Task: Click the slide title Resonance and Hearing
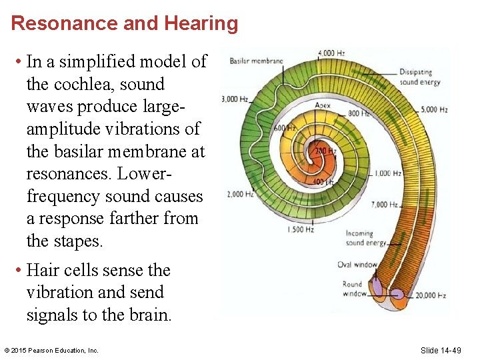pyautogui.click(x=125, y=24)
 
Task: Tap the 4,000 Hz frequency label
pyautogui.click(x=331, y=53)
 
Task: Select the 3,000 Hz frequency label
pyautogui.click(x=235, y=100)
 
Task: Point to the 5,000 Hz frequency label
pyautogui.click(x=434, y=109)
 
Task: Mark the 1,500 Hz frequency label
pyautogui.click(x=300, y=229)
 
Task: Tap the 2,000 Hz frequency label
pyautogui.click(x=239, y=195)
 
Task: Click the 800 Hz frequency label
pyautogui.click(x=359, y=113)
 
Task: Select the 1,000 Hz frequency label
pyautogui.click(x=387, y=173)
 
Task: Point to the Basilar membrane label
pyautogui.click(x=257, y=61)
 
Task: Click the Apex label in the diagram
pyautogui.click(x=323, y=105)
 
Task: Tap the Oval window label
pyautogui.click(x=357, y=265)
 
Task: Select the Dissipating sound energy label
pyautogui.click(x=420, y=77)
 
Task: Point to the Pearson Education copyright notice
pyautogui.click(x=51, y=351)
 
